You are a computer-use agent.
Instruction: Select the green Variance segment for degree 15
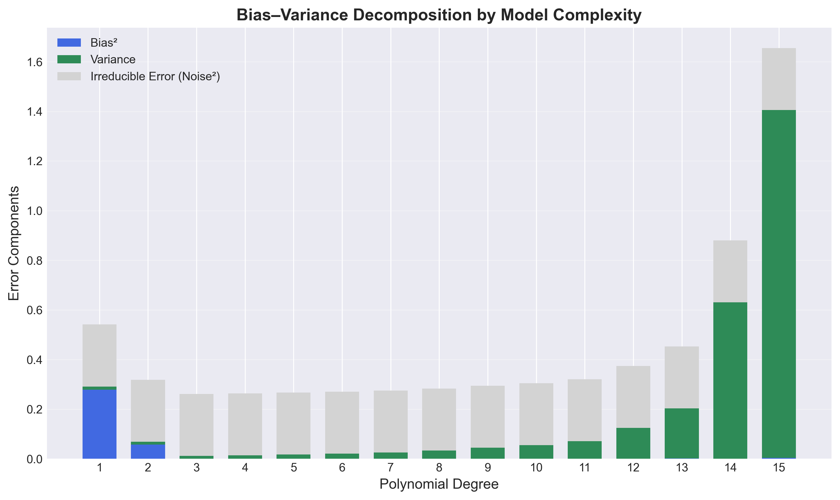tap(779, 284)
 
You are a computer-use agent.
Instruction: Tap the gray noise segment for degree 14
tap(730, 271)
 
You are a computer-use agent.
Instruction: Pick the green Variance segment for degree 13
tap(682, 433)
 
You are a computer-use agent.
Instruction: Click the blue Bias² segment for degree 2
tap(148, 451)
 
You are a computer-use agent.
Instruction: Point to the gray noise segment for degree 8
tap(439, 419)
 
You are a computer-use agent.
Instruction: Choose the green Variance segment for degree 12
tap(633, 443)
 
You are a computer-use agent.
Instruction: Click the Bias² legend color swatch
tap(69, 42)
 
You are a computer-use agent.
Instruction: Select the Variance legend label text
tap(113, 60)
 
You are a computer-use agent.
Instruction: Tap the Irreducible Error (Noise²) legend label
tap(155, 76)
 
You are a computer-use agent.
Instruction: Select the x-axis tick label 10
tap(536, 468)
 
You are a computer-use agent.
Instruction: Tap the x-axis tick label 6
tap(342, 468)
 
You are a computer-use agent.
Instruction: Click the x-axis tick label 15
tap(779, 468)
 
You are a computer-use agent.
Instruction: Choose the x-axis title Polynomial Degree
tap(439, 484)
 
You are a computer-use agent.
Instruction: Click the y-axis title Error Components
tap(14, 243)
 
